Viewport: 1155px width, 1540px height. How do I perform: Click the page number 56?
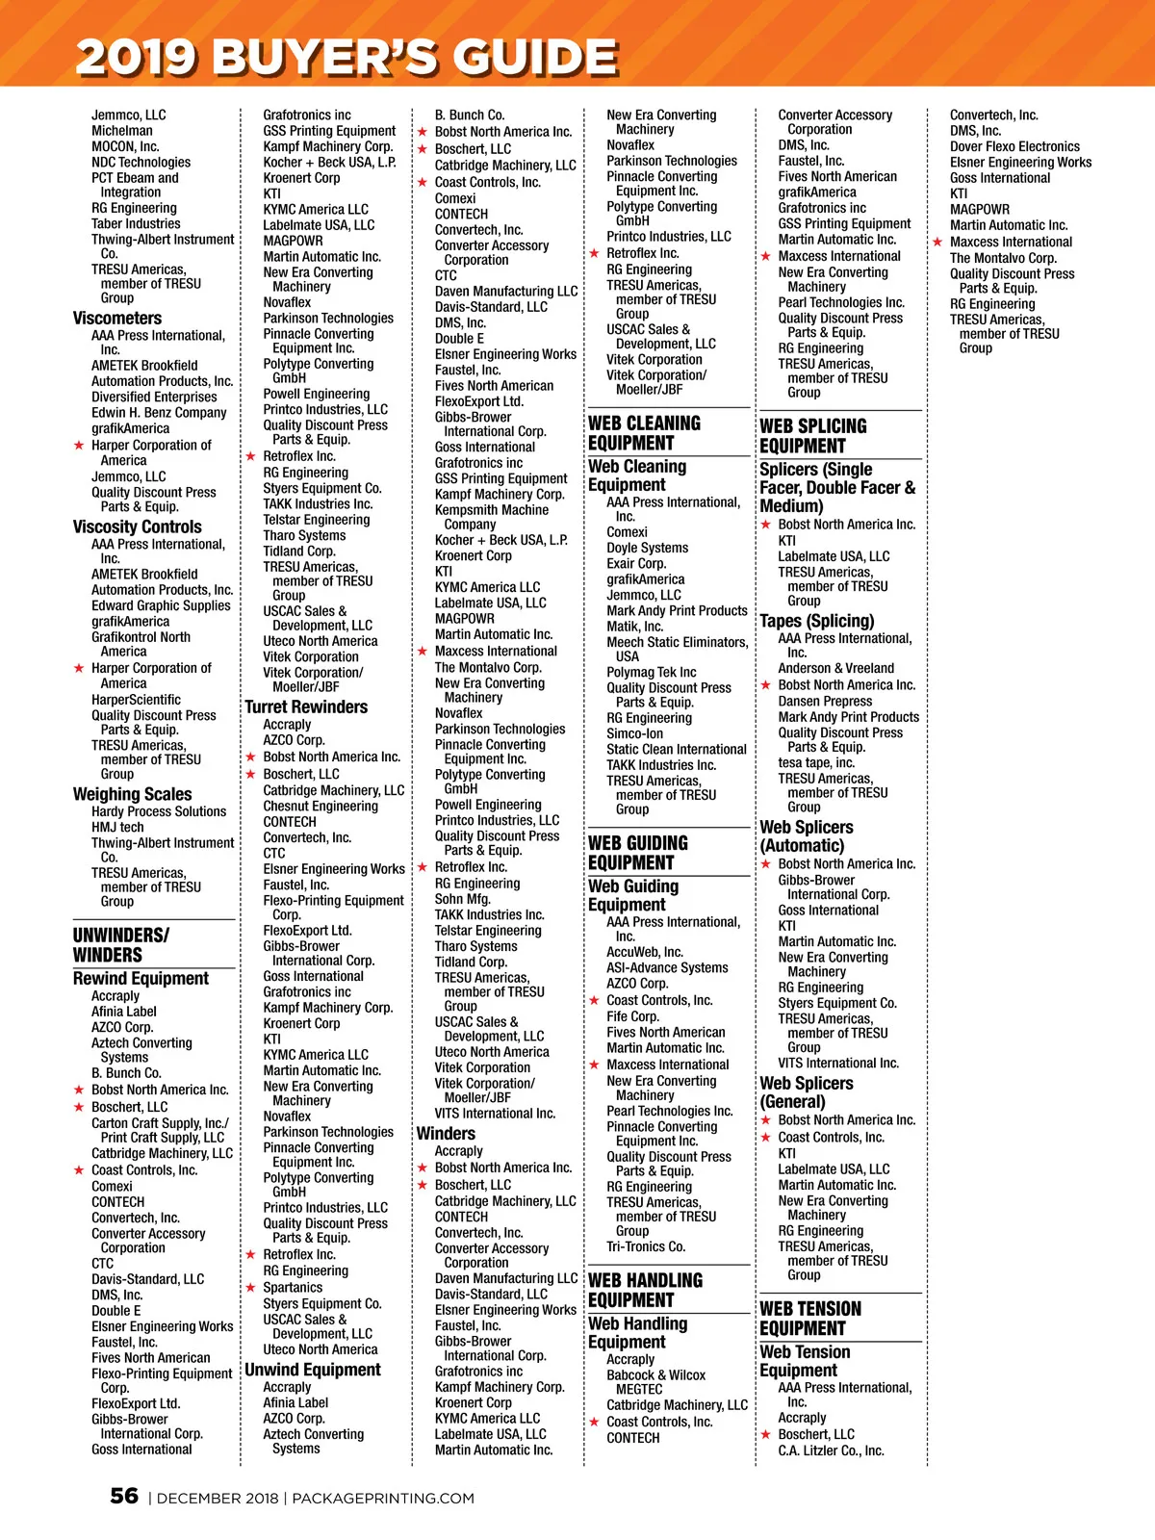(x=124, y=1496)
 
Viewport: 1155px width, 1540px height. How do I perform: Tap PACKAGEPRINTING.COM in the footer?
(x=383, y=1498)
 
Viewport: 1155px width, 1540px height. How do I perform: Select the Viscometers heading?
(x=117, y=319)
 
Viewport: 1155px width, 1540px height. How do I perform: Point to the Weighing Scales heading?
(x=132, y=794)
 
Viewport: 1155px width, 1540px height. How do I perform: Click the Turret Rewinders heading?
(x=306, y=707)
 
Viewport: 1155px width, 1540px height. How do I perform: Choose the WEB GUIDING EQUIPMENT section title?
(x=637, y=853)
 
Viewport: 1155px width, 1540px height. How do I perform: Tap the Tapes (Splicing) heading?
(x=817, y=621)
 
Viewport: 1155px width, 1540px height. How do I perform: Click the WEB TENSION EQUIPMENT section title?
(x=810, y=1319)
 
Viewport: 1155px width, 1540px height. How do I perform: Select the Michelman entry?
(x=122, y=131)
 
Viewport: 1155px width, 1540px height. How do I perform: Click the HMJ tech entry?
(x=117, y=827)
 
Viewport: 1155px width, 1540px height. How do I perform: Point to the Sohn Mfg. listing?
(x=463, y=899)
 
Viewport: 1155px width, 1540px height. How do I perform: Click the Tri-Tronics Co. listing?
(x=646, y=1246)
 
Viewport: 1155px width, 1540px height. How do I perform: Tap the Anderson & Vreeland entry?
(x=836, y=668)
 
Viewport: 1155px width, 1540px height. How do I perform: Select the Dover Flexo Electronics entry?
(x=1014, y=146)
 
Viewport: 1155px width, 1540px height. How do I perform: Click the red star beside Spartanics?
(x=250, y=1288)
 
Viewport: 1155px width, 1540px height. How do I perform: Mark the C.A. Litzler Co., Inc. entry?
(x=831, y=1450)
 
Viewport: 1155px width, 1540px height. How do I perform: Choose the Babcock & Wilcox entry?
(x=655, y=1375)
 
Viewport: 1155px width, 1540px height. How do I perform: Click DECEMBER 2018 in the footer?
(x=218, y=1498)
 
